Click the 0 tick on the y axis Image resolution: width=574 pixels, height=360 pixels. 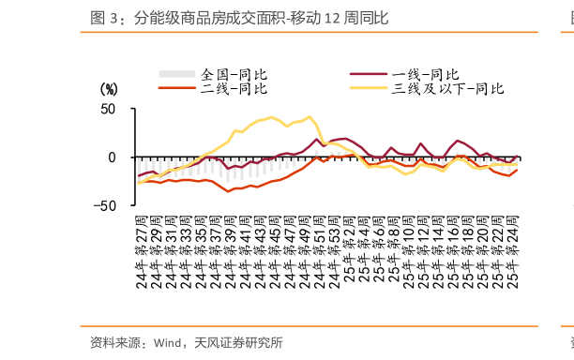112,157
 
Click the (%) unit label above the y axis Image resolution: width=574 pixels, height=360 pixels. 109,89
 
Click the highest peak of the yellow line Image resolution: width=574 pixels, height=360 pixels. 310,117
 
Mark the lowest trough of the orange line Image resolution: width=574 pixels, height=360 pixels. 228,191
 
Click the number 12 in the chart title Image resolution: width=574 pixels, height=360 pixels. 332,18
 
